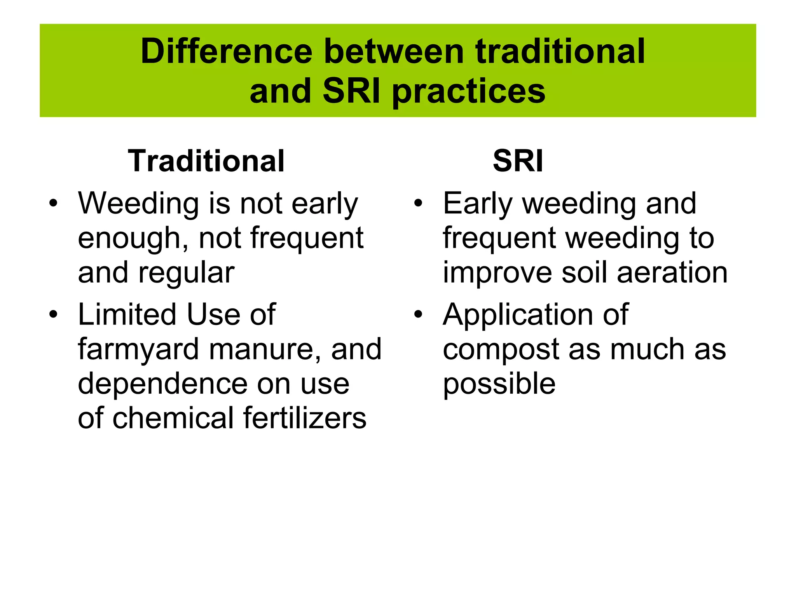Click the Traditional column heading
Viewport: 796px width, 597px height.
coord(206,161)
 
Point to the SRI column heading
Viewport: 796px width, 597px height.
coord(518,161)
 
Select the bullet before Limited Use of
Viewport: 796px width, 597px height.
coord(53,314)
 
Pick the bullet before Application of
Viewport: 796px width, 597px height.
coord(418,314)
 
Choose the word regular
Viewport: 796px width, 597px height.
coord(186,273)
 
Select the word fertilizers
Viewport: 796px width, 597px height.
coord(305,418)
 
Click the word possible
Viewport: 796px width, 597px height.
coord(499,384)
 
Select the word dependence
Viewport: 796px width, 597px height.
coord(162,384)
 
